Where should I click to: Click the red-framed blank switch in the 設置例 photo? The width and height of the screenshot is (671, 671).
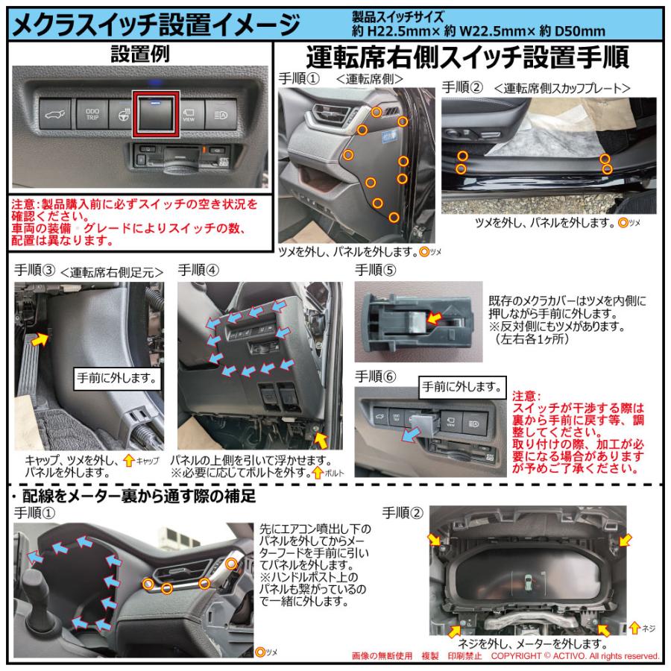point(156,115)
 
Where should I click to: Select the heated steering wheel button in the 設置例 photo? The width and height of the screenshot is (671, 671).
point(124,114)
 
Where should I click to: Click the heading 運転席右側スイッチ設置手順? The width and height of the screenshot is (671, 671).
point(467,57)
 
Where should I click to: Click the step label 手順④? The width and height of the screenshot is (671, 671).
point(198,271)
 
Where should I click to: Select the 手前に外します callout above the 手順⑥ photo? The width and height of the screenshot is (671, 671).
point(461,386)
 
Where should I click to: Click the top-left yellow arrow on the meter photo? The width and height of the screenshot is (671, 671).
point(435,539)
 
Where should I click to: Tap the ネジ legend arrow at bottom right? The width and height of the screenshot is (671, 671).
point(634,628)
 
